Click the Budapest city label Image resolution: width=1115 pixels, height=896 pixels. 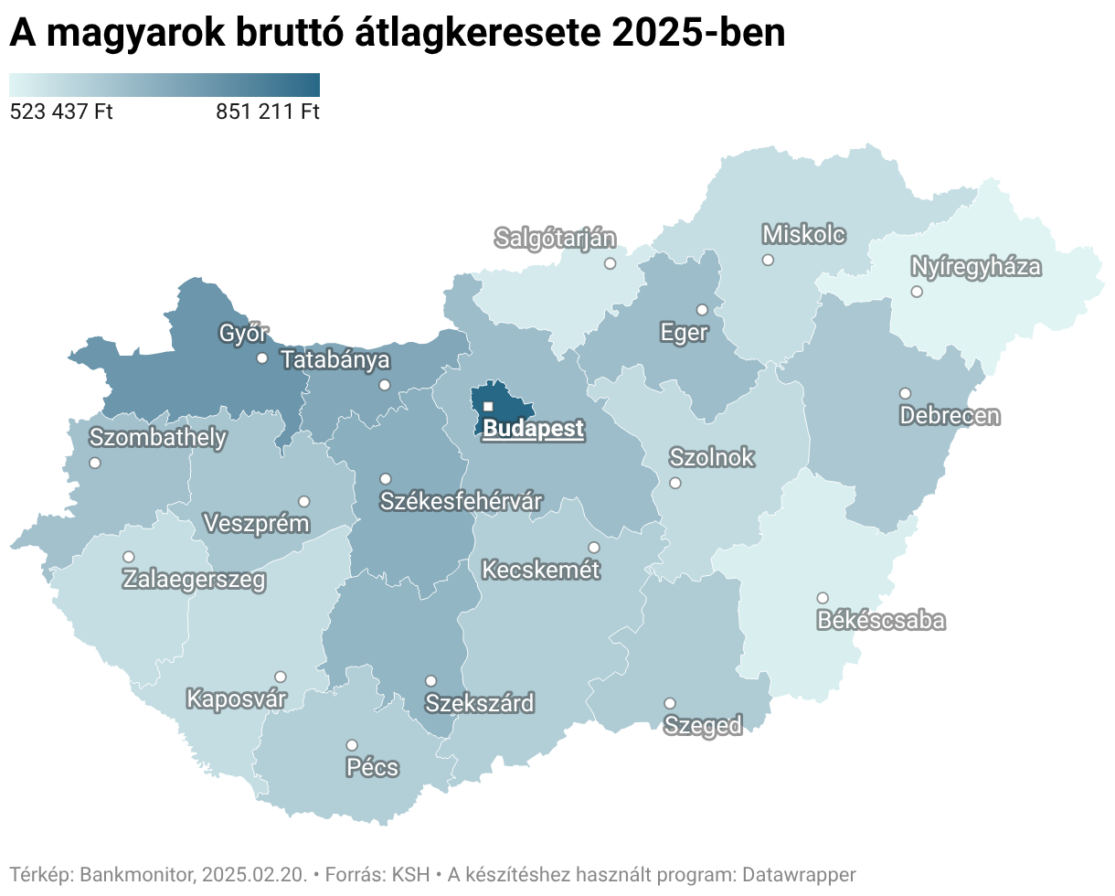pyautogui.click(x=533, y=429)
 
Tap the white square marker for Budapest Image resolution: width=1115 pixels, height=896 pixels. pyautogui.click(x=488, y=406)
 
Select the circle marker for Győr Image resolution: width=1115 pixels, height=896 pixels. pyautogui.click(x=262, y=358)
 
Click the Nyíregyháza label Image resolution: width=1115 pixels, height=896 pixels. pyautogui.click(x=976, y=267)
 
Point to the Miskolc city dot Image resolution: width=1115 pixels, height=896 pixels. pyautogui.click(x=768, y=261)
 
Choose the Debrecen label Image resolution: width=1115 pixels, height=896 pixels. pyautogui.click(x=950, y=416)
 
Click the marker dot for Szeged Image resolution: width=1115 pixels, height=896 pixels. pyautogui.click(x=670, y=703)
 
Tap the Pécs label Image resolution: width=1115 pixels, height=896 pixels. pyautogui.click(x=373, y=766)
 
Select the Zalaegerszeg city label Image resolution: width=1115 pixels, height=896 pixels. pyautogui.click(x=195, y=579)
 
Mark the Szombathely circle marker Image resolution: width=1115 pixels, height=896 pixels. pyautogui.click(x=95, y=463)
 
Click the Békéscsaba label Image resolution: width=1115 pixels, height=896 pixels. pyautogui.click(x=881, y=621)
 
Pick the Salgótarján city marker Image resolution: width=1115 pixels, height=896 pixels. pyautogui.click(x=610, y=264)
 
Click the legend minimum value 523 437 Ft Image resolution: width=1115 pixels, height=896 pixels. pyautogui.click(x=60, y=112)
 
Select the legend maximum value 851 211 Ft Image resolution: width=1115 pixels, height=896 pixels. pyautogui.click(x=268, y=112)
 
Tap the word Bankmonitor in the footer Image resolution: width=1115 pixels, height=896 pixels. pyautogui.click(x=137, y=874)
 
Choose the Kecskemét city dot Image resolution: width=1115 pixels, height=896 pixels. pyautogui.click(x=594, y=548)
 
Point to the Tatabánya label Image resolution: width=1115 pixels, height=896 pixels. pyautogui.click(x=335, y=360)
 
